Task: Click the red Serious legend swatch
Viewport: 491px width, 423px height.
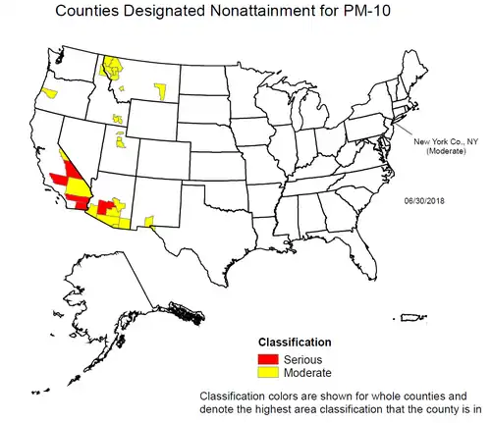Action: [267, 360]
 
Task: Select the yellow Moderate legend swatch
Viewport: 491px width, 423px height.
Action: [267, 373]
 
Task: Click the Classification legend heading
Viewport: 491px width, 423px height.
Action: [295, 343]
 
